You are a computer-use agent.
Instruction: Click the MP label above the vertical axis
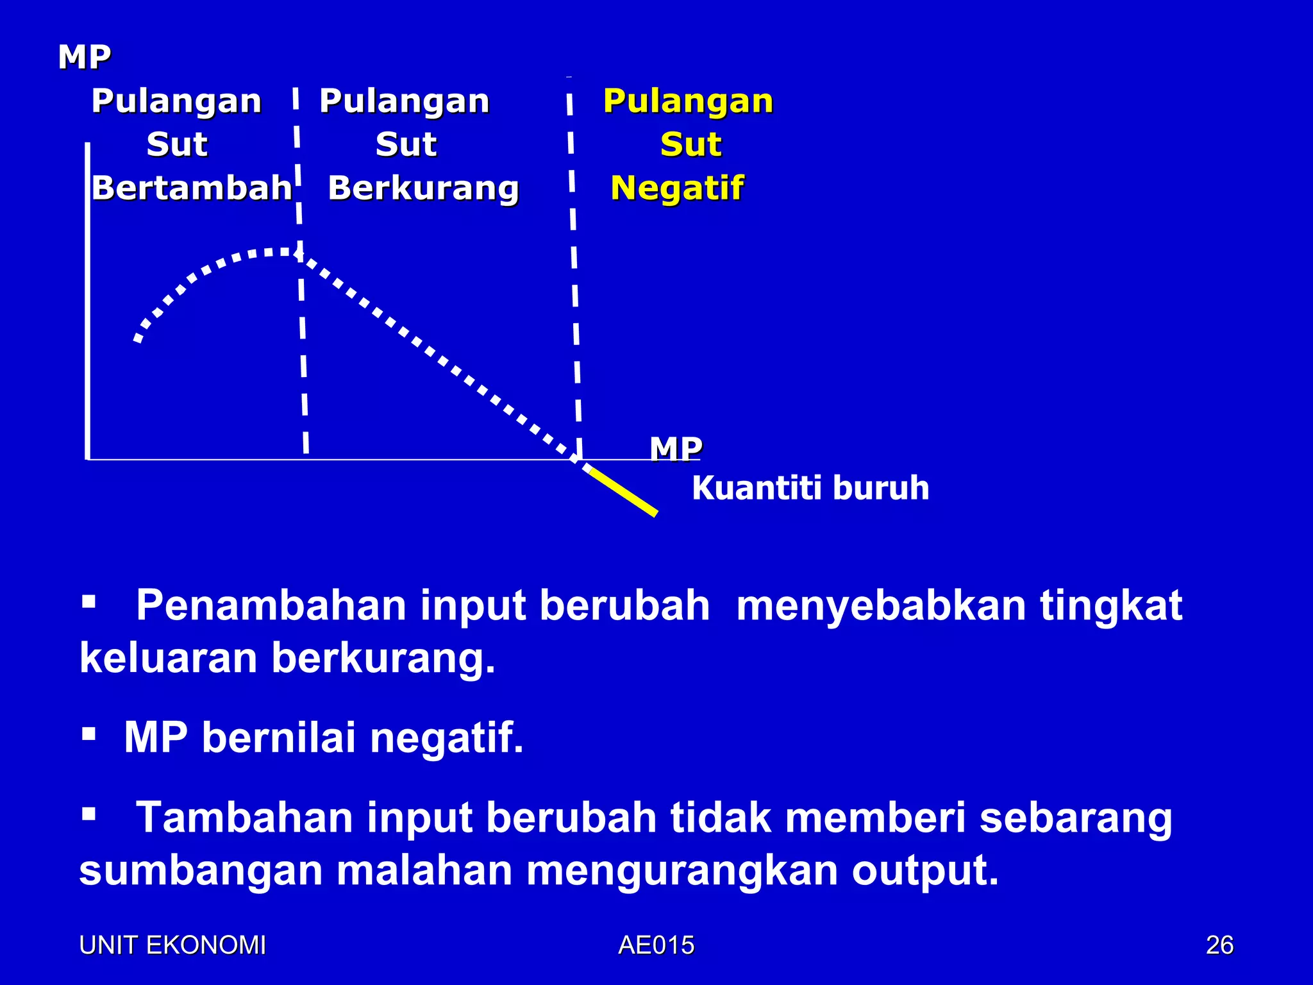(84, 57)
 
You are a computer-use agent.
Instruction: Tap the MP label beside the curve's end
(676, 449)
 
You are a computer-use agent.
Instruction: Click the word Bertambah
(192, 188)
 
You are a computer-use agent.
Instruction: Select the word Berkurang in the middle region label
(423, 188)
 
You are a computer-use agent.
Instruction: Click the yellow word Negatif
(677, 188)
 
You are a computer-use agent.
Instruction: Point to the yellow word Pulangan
(688, 101)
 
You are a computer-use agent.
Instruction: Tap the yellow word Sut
(691, 144)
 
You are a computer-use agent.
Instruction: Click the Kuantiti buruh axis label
(810, 488)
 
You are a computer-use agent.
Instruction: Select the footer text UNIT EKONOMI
(172, 945)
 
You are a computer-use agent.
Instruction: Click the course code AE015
(656, 945)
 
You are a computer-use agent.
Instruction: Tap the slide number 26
(1219, 945)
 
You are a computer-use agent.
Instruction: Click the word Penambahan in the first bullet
(271, 605)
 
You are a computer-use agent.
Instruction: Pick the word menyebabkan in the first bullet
(881, 605)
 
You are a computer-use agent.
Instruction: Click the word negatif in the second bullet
(447, 737)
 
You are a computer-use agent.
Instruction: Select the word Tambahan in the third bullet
(244, 818)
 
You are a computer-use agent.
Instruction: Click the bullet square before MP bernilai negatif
(88, 733)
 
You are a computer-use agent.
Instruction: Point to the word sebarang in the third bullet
(1076, 818)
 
